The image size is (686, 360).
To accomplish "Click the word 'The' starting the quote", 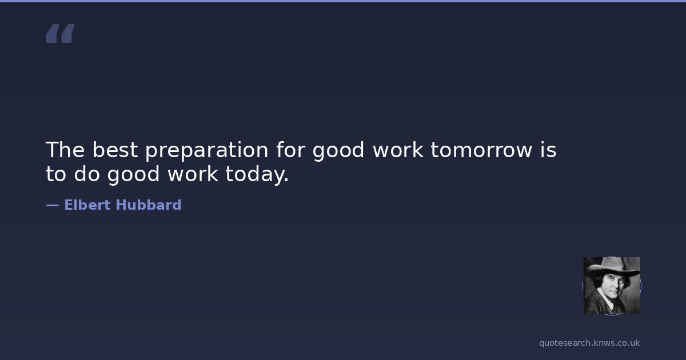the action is coord(65,150).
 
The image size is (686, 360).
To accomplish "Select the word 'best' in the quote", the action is coord(115,150).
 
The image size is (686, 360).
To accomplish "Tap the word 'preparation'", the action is coord(207,151).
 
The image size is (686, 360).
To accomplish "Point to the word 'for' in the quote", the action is coord(291,150).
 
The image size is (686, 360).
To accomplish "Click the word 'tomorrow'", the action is coord(481,150).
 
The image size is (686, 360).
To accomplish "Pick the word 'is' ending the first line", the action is coord(548,150).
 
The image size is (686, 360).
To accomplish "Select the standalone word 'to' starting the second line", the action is coord(56,174).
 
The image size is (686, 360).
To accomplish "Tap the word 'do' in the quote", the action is coord(87,174).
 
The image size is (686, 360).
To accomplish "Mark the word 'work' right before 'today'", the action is coord(193,174).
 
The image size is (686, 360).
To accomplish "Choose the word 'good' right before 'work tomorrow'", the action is coord(338,151).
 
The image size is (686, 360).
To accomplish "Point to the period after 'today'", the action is coord(286,179).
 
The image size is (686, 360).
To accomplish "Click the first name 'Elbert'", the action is coord(87,205).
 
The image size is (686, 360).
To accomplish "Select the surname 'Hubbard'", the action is coord(149,205).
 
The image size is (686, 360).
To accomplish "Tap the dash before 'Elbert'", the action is coord(53,206).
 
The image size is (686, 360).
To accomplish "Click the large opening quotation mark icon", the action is coord(61,33).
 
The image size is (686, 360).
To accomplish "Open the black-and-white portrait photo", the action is coord(612,286).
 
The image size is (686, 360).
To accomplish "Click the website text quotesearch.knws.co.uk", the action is coord(589,343).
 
